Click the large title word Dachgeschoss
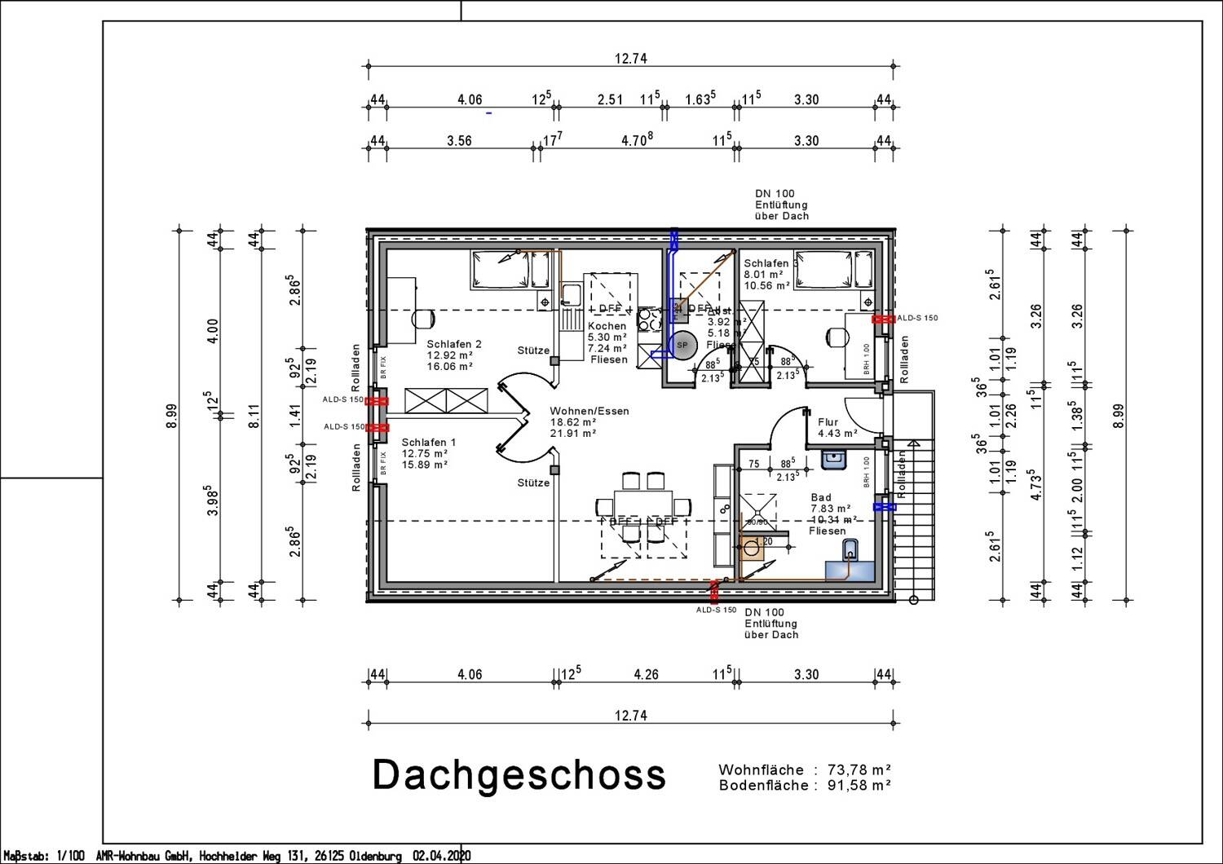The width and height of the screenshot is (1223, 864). [x=519, y=775]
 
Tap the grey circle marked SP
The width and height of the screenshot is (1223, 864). [x=682, y=345]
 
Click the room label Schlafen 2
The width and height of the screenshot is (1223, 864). [x=453, y=344]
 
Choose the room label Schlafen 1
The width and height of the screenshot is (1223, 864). [x=429, y=442]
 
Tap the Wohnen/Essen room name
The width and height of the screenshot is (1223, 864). [x=589, y=411]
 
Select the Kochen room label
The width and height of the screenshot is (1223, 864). [x=607, y=326]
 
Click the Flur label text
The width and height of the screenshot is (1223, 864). [x=828, y=422]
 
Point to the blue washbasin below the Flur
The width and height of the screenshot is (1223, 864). [x=833, y=461]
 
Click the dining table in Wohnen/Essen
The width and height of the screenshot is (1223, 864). [x=643, y=506]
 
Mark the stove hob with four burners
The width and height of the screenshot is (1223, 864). [x=649, y=318]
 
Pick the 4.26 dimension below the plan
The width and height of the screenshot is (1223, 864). [x=645, y=674]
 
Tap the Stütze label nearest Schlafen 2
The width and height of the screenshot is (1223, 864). [x=533, y=350]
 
